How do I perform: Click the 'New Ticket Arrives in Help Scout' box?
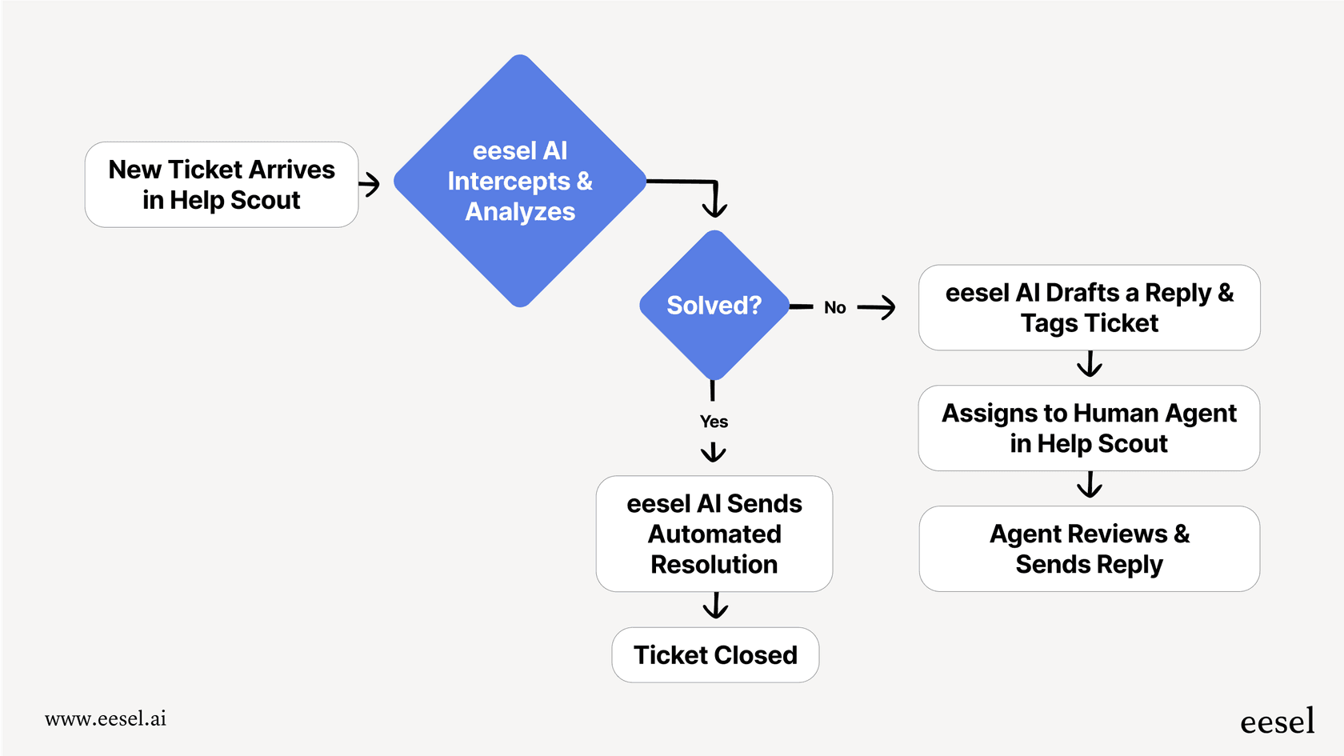click(x=222, y=185)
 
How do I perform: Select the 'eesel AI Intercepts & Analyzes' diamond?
click(x=520, y=182)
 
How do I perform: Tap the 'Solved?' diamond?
click(x=714, y=306)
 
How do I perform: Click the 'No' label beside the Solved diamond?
click(x=834, y=308)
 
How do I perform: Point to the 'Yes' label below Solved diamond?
click(x=714, y=422)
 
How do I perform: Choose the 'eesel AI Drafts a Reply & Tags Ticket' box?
click(x=1089, y=308)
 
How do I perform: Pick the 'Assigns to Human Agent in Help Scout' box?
click(x=1089, y=428)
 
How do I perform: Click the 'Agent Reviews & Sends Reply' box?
click(x=1089, y=549)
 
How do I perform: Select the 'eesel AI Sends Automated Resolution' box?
click(x=714, y=534)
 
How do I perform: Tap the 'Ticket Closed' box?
click(x=715, y=655)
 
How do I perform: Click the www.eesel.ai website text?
click(x=106, y=718)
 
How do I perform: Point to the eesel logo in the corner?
click(x=1277, y=722)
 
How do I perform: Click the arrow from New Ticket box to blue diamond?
click(x=370, y=185)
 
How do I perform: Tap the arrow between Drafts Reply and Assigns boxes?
click(x=1089, y=366)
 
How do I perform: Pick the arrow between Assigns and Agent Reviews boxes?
click(x=1089, y=486)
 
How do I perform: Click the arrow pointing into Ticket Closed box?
click(x=715, y=606)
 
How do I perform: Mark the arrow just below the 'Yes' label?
click(x=713, y=453)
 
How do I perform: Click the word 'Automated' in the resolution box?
click(x=714, y=534)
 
